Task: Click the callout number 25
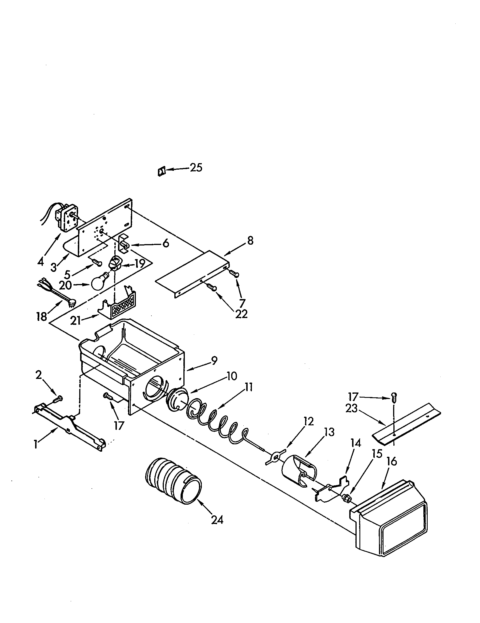(196, 168)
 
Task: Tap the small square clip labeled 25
(162, 172)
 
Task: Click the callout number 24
(217, 520)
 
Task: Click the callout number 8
(250, 241)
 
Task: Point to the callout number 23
(351, 408)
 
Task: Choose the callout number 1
(36, 444)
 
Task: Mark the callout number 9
(213, 361)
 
